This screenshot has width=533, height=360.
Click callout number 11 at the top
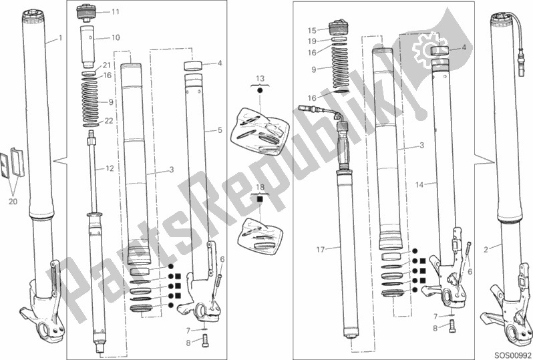(115, 12)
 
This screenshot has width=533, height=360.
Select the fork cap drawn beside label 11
(88, 13)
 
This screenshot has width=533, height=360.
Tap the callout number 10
(115, 38)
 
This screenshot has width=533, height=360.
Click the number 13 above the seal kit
(260, 78)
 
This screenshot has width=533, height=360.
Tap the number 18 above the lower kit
(260, 189)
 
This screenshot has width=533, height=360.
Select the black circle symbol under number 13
(260, 89)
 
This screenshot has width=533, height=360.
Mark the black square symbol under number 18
(260, 199)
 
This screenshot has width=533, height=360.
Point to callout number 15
(311, 30)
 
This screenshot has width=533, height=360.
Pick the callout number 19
(311, 41)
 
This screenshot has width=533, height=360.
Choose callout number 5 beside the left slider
(220, 130)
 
